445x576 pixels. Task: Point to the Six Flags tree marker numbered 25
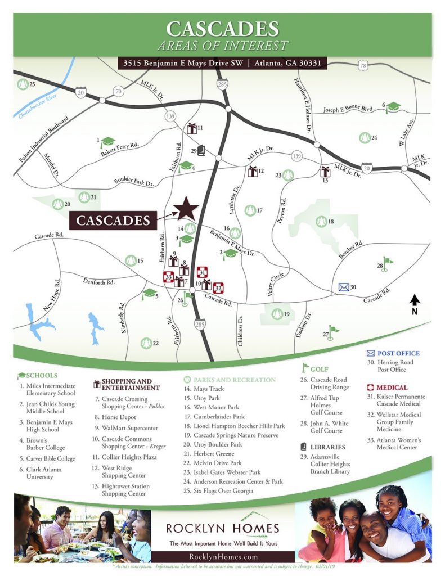23,85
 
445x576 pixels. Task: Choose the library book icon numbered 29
201,151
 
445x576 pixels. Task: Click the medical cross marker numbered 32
219,287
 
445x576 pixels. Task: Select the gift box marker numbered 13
325,172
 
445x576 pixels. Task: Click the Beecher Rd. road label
352,250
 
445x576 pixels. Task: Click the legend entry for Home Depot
118,417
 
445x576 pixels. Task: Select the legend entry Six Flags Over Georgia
223,491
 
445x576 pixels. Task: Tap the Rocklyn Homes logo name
223,528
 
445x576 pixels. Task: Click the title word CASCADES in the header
223,29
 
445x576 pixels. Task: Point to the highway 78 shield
363,66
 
